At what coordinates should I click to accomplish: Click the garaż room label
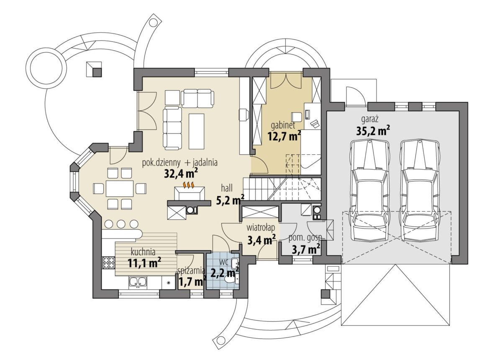(x=369, y=120)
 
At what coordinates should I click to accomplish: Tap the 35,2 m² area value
(x=373, y=131)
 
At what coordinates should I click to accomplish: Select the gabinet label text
(x=283, y=126)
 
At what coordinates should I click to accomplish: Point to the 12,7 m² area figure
(x=284, y=136)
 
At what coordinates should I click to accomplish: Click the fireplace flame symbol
(x=189, y=184)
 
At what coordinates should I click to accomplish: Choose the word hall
(x=227, y=188)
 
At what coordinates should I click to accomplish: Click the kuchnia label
(x=143, y=252)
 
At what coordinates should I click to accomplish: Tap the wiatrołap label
(x=261, y=228)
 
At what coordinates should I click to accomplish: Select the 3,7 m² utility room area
(x=306, y=249)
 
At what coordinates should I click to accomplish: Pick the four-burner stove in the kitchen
(x=109, y=262)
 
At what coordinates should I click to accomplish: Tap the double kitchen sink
(x=138, y=283)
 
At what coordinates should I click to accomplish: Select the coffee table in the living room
(x=196, y=131)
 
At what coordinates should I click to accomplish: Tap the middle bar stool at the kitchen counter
(x=121, y=224)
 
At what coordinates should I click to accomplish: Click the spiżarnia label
(x=191, y=271)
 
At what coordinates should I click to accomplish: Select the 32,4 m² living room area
(x=181, y=173)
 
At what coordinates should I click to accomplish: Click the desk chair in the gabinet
(x=297, y=117)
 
